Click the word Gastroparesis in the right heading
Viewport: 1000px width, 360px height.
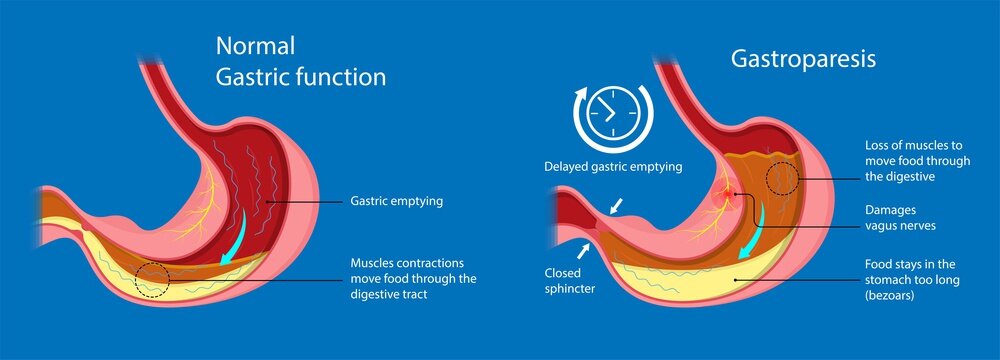click(803, 60)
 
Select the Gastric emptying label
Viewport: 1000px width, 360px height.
click(396, 201)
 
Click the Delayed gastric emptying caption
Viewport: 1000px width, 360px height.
click(613, 167)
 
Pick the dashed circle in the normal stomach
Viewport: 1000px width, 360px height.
click(151, 279)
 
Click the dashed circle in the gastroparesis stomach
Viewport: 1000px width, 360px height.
click(782, 179)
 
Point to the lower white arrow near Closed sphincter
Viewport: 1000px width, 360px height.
click(582, 248)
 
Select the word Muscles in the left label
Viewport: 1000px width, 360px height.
click(374, 262)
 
